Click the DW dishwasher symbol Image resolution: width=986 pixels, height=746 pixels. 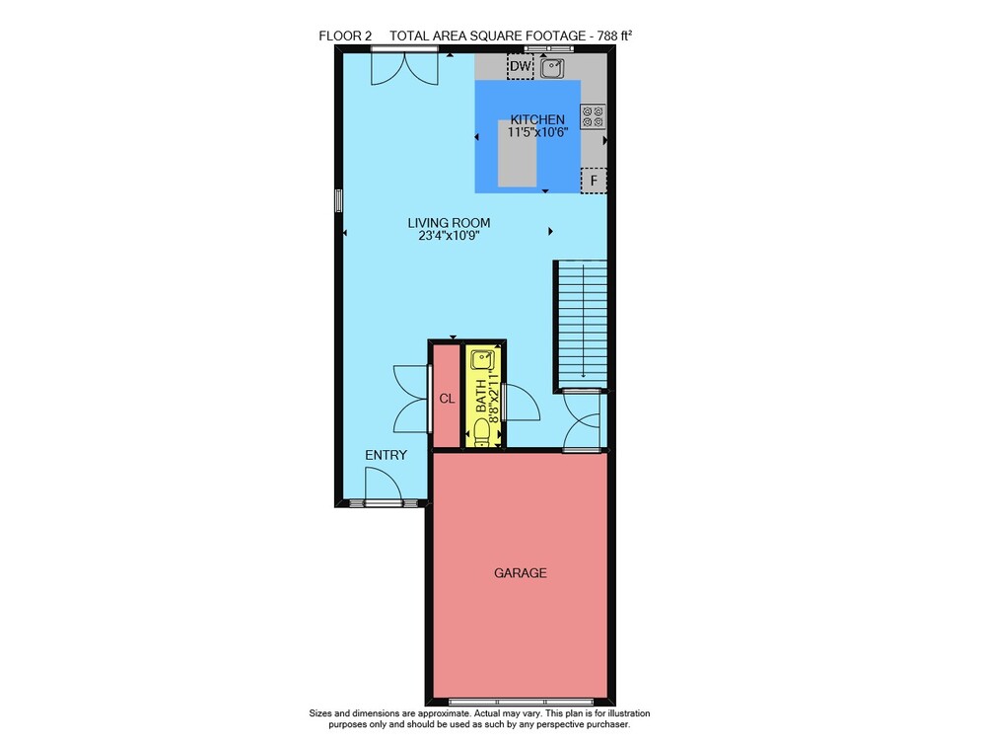coord(520,66)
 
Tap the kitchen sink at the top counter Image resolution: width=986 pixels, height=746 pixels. coord(552,67)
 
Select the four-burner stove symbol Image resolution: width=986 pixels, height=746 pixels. coord(593,116)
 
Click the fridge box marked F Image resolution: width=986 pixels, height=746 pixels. coord(594,182)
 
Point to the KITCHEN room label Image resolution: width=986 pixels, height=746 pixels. coord(537,119)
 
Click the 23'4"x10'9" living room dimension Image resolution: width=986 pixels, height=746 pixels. coord(449,236)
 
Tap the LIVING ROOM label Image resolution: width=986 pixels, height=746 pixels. coord(449,223)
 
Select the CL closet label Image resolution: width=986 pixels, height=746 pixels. coord(447,399)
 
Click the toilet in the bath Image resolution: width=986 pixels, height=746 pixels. coord(482,433)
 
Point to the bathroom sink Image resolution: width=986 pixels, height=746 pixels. coord(482,360)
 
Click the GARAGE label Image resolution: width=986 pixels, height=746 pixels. coord(520,573)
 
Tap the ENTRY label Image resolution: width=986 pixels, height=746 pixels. coord(387,455)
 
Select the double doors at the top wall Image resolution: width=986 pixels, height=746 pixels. coord(404,68)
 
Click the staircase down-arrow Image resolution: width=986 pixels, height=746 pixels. coord(584,321)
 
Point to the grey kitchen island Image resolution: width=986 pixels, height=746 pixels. coord(517,153)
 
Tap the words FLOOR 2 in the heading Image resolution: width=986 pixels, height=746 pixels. coord(344,36)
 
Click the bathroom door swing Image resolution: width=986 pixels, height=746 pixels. coord(523,403)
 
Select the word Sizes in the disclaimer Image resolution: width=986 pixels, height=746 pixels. coord(320,713)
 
